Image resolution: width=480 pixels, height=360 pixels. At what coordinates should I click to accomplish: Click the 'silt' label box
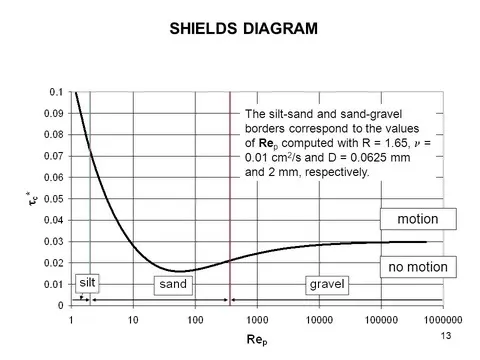click(x=87, y=283)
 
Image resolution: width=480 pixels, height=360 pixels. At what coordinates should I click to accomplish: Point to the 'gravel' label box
click(x=326, y=285)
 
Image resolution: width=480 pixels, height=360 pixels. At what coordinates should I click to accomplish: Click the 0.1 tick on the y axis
click(x=57, y=91)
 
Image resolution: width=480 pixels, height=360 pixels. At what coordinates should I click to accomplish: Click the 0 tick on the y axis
click(x=62, y=305)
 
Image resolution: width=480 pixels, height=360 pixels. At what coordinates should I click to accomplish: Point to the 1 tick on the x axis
click(x=71, y=320)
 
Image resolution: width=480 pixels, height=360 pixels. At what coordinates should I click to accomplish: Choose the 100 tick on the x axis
click(x=194, y=320)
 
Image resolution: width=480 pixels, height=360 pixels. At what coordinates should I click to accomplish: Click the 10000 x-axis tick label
click(x=318, y=320)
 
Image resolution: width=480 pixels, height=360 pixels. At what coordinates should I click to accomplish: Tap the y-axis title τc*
click(x=30, y=198)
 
